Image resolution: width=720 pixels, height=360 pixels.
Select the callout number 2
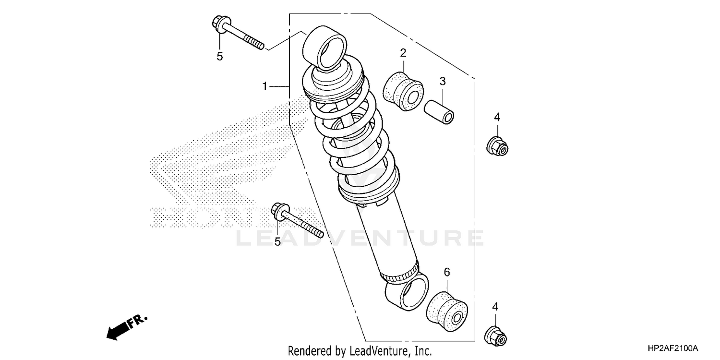(x=403, y=53)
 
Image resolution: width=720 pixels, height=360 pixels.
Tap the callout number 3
(x=443, y=81)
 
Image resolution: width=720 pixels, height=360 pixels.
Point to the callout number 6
(x=447, y=272)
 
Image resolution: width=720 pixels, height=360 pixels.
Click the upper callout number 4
(x=497, y=117)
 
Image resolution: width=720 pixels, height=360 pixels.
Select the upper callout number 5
(x=220, y=57)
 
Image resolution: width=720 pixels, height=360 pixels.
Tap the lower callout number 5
(x=277, y=242)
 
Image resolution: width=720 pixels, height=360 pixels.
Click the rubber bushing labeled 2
(x=403, y=90)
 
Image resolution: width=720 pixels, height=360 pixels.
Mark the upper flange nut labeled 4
(x=497, y=146)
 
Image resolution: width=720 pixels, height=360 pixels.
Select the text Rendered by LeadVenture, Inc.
(x=360, y=350)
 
